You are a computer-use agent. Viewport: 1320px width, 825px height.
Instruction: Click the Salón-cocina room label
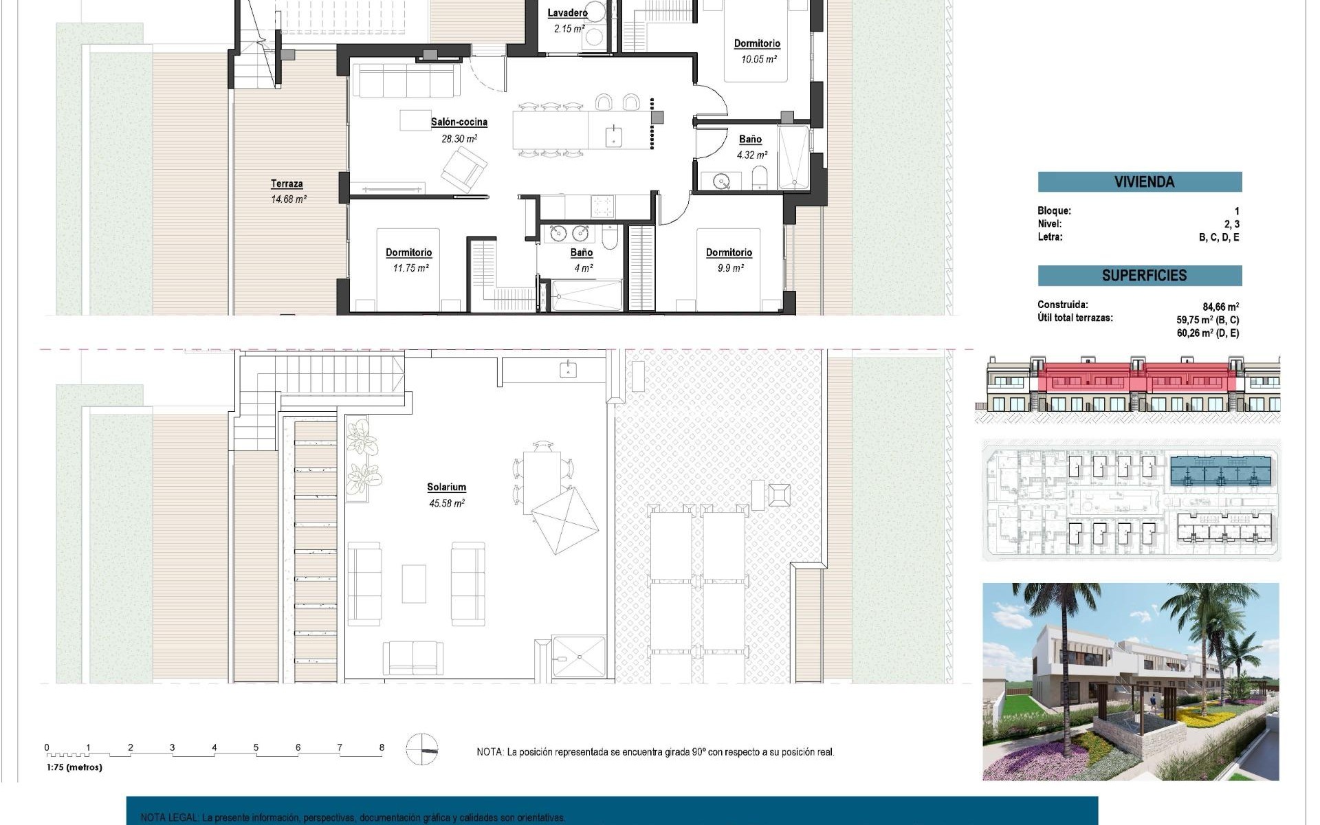pos(459,122)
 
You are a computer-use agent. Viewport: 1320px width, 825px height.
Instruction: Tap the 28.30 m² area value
pos(459,139)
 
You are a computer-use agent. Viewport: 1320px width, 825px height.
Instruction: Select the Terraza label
pos(287,184)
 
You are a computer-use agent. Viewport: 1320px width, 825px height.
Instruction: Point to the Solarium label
pos(446,487)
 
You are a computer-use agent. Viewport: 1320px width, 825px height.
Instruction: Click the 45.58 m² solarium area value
pos(446,503)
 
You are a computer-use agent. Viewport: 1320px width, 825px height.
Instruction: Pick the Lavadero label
pos(567,13)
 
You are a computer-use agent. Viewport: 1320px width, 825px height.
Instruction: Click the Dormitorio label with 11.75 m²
pos(408,252)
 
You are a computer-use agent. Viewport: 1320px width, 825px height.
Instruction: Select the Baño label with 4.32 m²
pos(750,140)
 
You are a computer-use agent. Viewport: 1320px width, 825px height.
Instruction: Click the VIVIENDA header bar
pos(1139,182)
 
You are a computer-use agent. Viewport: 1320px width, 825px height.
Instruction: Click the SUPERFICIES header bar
pos(1139,276)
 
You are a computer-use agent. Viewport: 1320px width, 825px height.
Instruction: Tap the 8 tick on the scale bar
pos(382,747)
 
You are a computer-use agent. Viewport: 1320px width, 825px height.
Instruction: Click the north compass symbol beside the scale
pos(421,749)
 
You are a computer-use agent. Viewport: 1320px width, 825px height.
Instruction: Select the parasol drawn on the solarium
pos(565,520)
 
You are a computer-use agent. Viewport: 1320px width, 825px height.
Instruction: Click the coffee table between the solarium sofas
pos(413,584)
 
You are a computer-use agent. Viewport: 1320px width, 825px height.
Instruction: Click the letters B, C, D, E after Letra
pos(1218,237)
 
